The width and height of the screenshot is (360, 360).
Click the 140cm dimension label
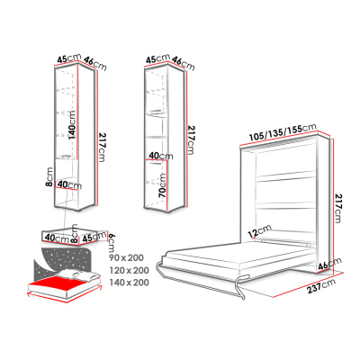point(72,125)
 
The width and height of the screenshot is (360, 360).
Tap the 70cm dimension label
point(162,185)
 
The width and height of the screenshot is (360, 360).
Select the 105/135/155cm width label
point(283,132)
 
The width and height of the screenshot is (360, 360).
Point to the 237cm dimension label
point(321,286)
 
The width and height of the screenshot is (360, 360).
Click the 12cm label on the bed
point(259,231)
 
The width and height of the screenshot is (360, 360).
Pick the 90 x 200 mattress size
point(126,257)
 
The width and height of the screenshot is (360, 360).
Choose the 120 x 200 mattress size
point(129,270)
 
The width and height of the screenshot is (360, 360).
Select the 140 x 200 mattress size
point(129,283)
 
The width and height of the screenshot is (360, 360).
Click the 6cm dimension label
point(112,243)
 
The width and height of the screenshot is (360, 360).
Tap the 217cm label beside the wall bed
point(338,209)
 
